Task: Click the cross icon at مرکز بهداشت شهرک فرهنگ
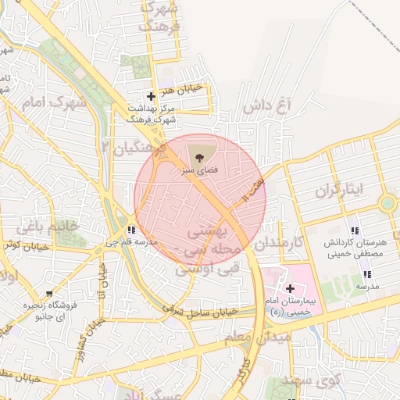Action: (x=151, y=96)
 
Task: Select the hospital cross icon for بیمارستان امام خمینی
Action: (x=289, y=288)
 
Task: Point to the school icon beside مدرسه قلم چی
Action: (x=131, y=230)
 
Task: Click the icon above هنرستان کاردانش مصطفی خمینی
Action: (x=355, y=230)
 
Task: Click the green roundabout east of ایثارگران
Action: (x=387, y=205)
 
